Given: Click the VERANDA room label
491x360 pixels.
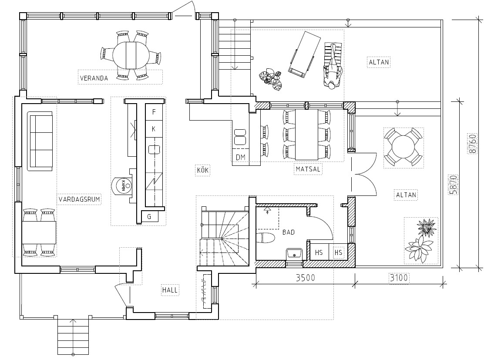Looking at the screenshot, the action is click(94, 78).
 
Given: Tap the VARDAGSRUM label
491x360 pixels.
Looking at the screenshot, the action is click(79, 199).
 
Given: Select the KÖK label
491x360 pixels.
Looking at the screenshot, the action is click(202, 170).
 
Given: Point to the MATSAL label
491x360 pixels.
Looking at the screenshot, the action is click(308, 169).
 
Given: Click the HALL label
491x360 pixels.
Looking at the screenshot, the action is click(170, 290).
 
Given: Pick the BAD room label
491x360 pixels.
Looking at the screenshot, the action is click(289, 232).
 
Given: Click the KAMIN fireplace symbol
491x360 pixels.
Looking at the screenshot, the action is click(122, 186).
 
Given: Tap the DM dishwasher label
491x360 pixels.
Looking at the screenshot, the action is click(240, 158).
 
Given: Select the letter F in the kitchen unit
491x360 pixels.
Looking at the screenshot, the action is click(154, 112).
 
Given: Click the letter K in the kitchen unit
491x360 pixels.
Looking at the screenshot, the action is click(153, 129).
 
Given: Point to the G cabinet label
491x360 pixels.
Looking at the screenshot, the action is click(149, 217).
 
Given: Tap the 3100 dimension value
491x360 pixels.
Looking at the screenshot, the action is click(399, 278).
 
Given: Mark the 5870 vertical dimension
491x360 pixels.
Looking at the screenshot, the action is click(454, 185).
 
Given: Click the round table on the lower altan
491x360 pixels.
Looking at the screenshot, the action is click(404, 147).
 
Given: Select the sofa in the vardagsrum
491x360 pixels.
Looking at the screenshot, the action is click(40, 141).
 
